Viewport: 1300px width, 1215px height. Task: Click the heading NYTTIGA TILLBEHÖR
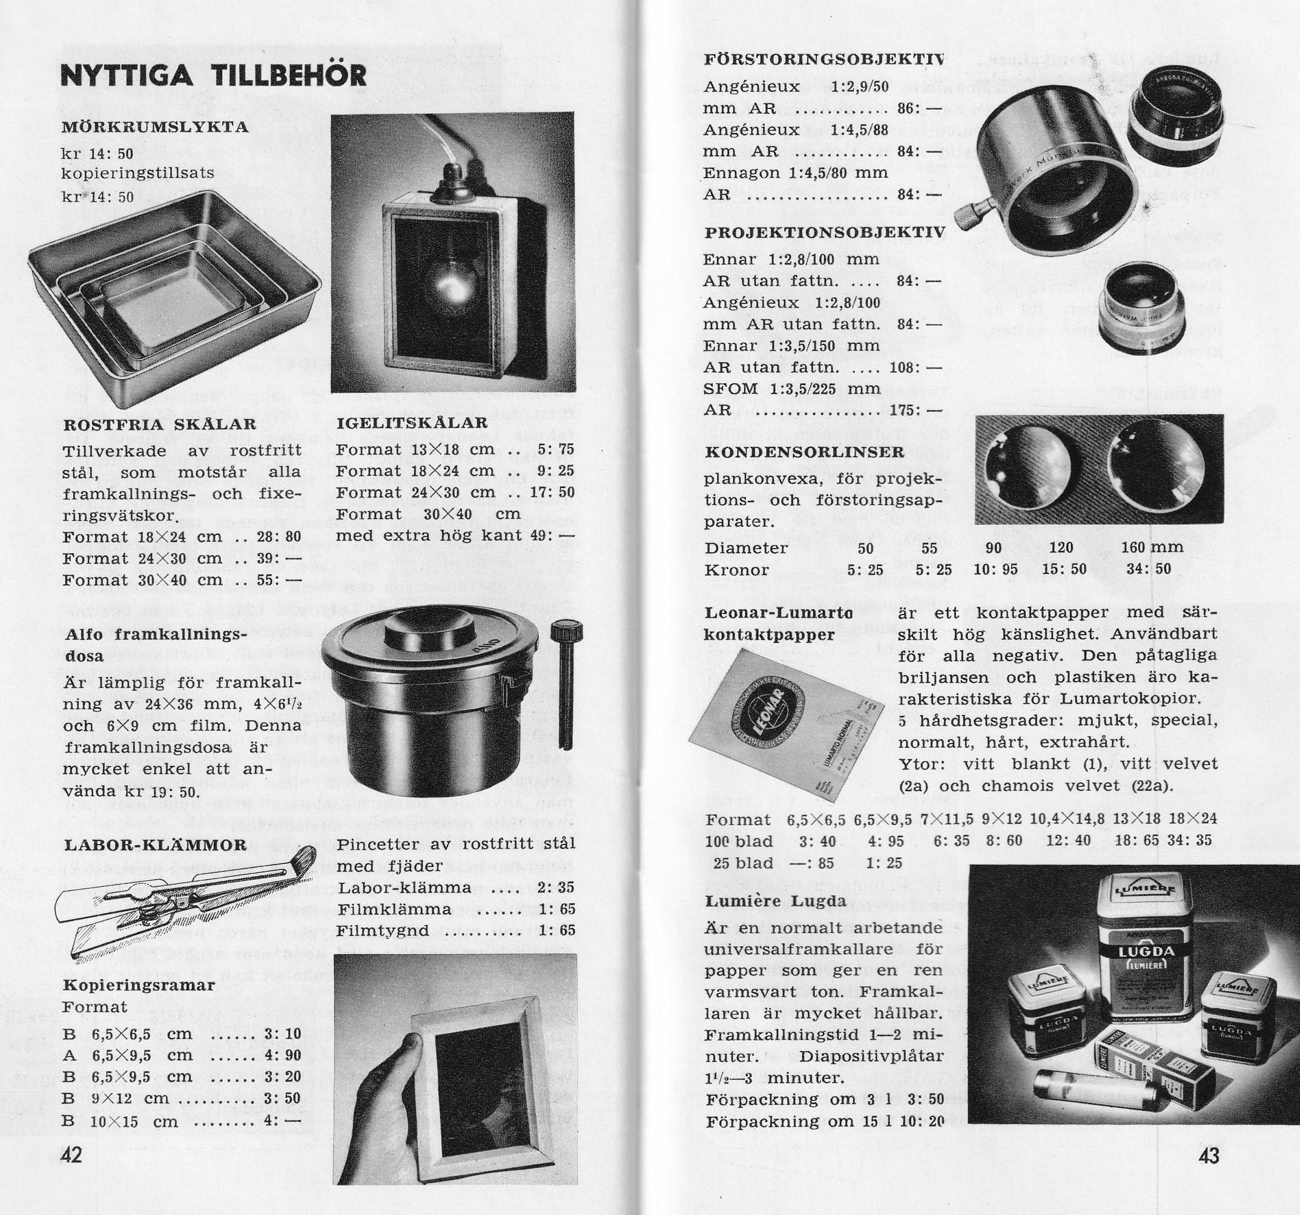click(213, 75)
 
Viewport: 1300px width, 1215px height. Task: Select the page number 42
click(71, 1156)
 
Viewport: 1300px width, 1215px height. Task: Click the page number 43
click(1209, 1156)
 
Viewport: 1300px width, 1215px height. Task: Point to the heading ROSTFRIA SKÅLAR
click(160, 424)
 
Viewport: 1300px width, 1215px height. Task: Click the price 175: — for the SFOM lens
click(916, 410)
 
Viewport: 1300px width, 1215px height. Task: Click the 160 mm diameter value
click(1152, 547)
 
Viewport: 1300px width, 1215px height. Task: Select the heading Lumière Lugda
click(776, 900)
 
